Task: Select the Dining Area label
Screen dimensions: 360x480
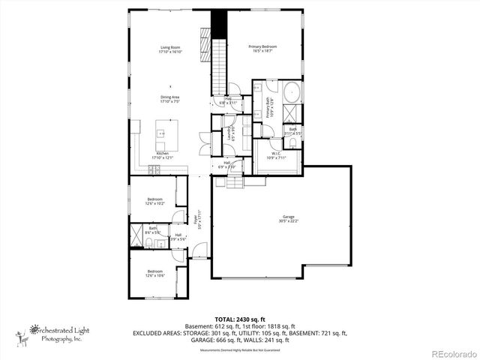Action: tap(169, 98)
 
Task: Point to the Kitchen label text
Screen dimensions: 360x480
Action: tap(163, 155)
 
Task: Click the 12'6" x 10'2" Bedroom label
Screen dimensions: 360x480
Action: tap(155, 200)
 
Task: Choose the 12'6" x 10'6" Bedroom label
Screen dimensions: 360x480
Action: tap(154, 273)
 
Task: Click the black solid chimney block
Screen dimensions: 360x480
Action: tap(218, 23)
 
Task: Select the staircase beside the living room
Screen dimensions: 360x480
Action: tap(218, 67)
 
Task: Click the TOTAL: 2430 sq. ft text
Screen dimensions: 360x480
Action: tap(240, 319)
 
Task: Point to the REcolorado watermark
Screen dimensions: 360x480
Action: tap(453, 352)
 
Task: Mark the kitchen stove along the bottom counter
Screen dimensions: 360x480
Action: tap(155, 170)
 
